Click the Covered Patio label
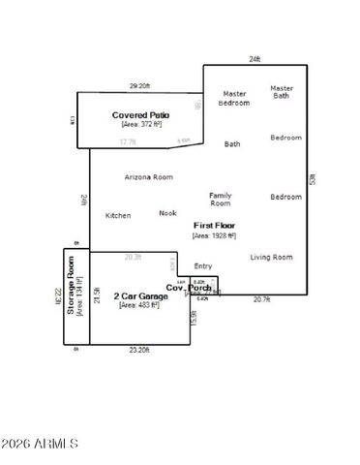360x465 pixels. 141,114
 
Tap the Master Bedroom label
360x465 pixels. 233,98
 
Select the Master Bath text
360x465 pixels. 282,91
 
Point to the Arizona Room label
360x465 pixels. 149,177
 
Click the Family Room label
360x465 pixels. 221,200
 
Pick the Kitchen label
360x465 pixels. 118,215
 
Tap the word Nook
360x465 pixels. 168,213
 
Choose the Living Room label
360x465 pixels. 271,257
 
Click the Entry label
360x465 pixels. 203,265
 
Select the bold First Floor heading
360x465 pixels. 215,225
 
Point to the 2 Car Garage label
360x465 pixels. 140,295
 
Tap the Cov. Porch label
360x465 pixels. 188,288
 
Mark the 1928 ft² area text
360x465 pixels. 215,235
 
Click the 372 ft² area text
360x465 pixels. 141,124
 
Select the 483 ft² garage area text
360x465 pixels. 140,305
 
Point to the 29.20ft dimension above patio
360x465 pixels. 140,86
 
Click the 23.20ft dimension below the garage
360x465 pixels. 139,350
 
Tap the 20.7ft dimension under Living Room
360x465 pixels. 261,299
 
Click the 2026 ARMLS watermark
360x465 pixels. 40,444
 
